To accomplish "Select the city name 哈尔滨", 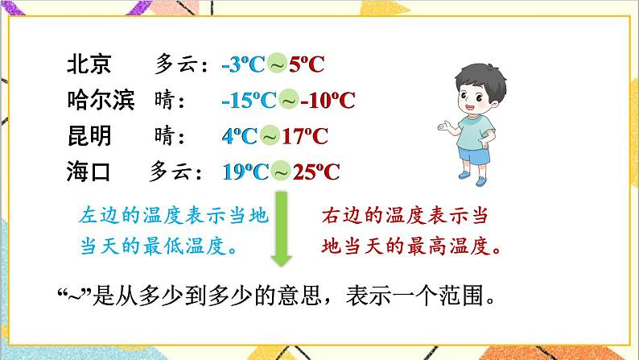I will click(x=103, y=101).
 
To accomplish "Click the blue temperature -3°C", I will click(x=243, y=65).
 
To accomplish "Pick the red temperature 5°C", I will click(x=306, y=65).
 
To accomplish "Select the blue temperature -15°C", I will click(x=249, y=101).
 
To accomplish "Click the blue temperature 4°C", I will click(x=240, y=136).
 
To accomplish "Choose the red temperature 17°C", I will click(x=310, y=136).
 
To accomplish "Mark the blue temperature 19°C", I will click(x=245, y=172).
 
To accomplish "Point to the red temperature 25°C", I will click(x=315, y=172).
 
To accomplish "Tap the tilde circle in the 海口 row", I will click(x=281, y=172).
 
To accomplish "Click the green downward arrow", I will click(x=282, y=230).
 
